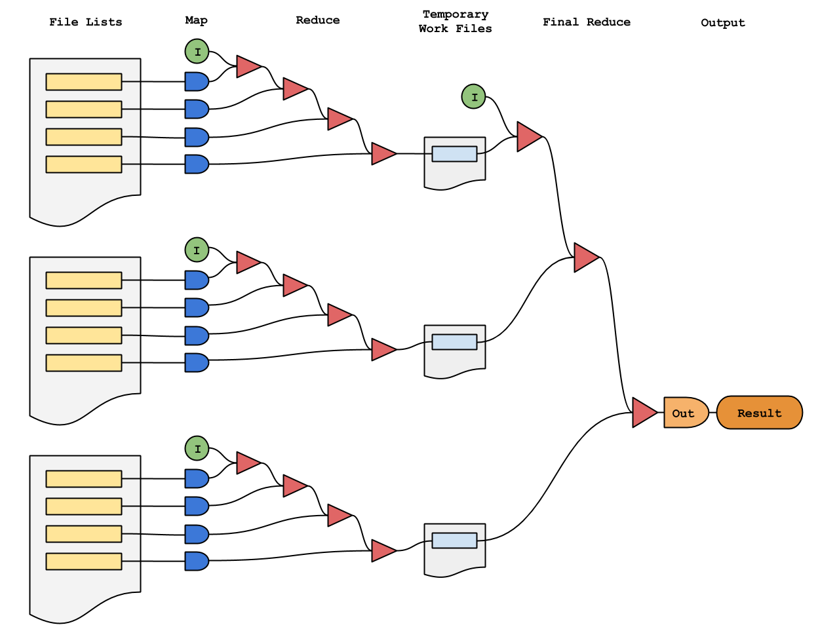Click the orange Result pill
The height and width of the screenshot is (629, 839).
[x=759, y=413]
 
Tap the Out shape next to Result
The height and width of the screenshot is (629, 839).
[x=685, y=413]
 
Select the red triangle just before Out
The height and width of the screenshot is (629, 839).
[x=643, y=413]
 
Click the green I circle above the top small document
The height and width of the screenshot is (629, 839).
[x=473, y=97]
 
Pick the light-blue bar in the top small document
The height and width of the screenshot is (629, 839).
[x=454, y=154]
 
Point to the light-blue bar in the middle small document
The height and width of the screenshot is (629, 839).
[x=454, y=342]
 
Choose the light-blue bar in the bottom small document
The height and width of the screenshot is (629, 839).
[x=454, y=541]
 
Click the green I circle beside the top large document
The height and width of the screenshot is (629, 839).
[x=197, y=51]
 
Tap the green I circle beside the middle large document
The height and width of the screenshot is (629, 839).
[x=197, y=250]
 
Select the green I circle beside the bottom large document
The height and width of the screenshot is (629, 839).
[x=197, y=449]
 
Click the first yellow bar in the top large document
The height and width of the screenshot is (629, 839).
[x=83, y=82]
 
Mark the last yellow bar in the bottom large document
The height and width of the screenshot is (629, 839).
[x=83, y=562]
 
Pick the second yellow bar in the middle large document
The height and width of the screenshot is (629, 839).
[x=83, y=308]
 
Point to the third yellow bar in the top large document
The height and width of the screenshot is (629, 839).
[x=83, y=137]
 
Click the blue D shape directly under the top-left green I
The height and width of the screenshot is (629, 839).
[x=196, y=82]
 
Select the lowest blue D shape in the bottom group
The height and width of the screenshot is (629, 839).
[x=196, y=562]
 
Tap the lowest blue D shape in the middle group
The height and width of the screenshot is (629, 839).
[x=196, y=363]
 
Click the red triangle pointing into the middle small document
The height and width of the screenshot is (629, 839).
[x=382, y=350]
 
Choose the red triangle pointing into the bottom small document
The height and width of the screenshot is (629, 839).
[x=382, y=551]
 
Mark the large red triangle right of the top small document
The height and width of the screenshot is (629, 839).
[x=528, y=137]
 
